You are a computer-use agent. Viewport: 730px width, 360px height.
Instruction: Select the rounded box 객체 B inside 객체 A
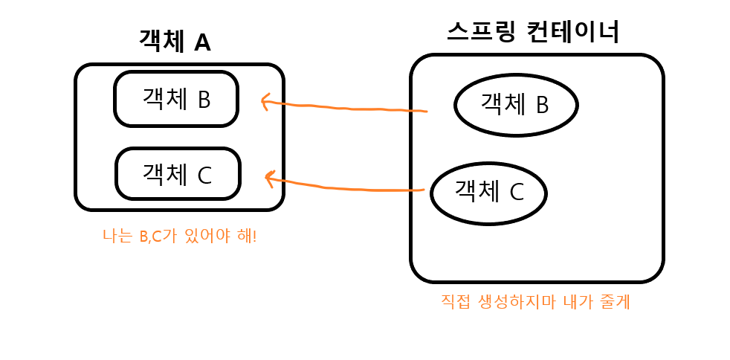point(176,99)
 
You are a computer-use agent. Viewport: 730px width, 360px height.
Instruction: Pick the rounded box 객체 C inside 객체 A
point(178,174)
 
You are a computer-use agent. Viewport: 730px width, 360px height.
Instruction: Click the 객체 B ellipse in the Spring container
point(516,104)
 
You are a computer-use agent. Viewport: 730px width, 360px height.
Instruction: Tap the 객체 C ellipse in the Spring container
point(489,192)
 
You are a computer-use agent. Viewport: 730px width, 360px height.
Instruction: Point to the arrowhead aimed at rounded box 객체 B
point(262,101)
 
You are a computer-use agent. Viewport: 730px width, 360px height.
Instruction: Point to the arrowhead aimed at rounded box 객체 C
point(268,179)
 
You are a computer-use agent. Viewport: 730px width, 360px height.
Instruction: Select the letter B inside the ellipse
point(541,105)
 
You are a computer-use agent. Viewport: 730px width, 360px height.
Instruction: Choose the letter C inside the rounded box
point(205,175)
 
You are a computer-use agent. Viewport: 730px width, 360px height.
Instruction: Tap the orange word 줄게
point(614,303)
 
